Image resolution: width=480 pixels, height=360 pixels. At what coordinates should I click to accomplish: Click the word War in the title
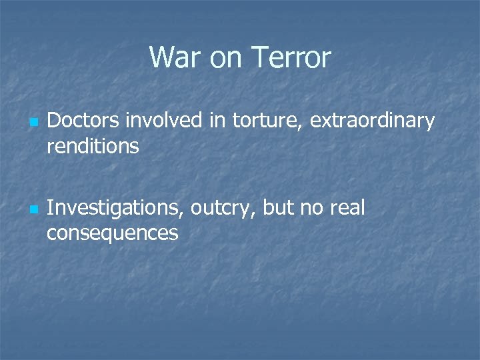coord(175,58)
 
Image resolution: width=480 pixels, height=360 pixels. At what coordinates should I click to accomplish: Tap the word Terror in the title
coord(291,58)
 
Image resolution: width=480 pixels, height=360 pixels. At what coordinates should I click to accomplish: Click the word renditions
coord(93,146)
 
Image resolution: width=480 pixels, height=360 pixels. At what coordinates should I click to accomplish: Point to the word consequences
coord(113,233)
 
